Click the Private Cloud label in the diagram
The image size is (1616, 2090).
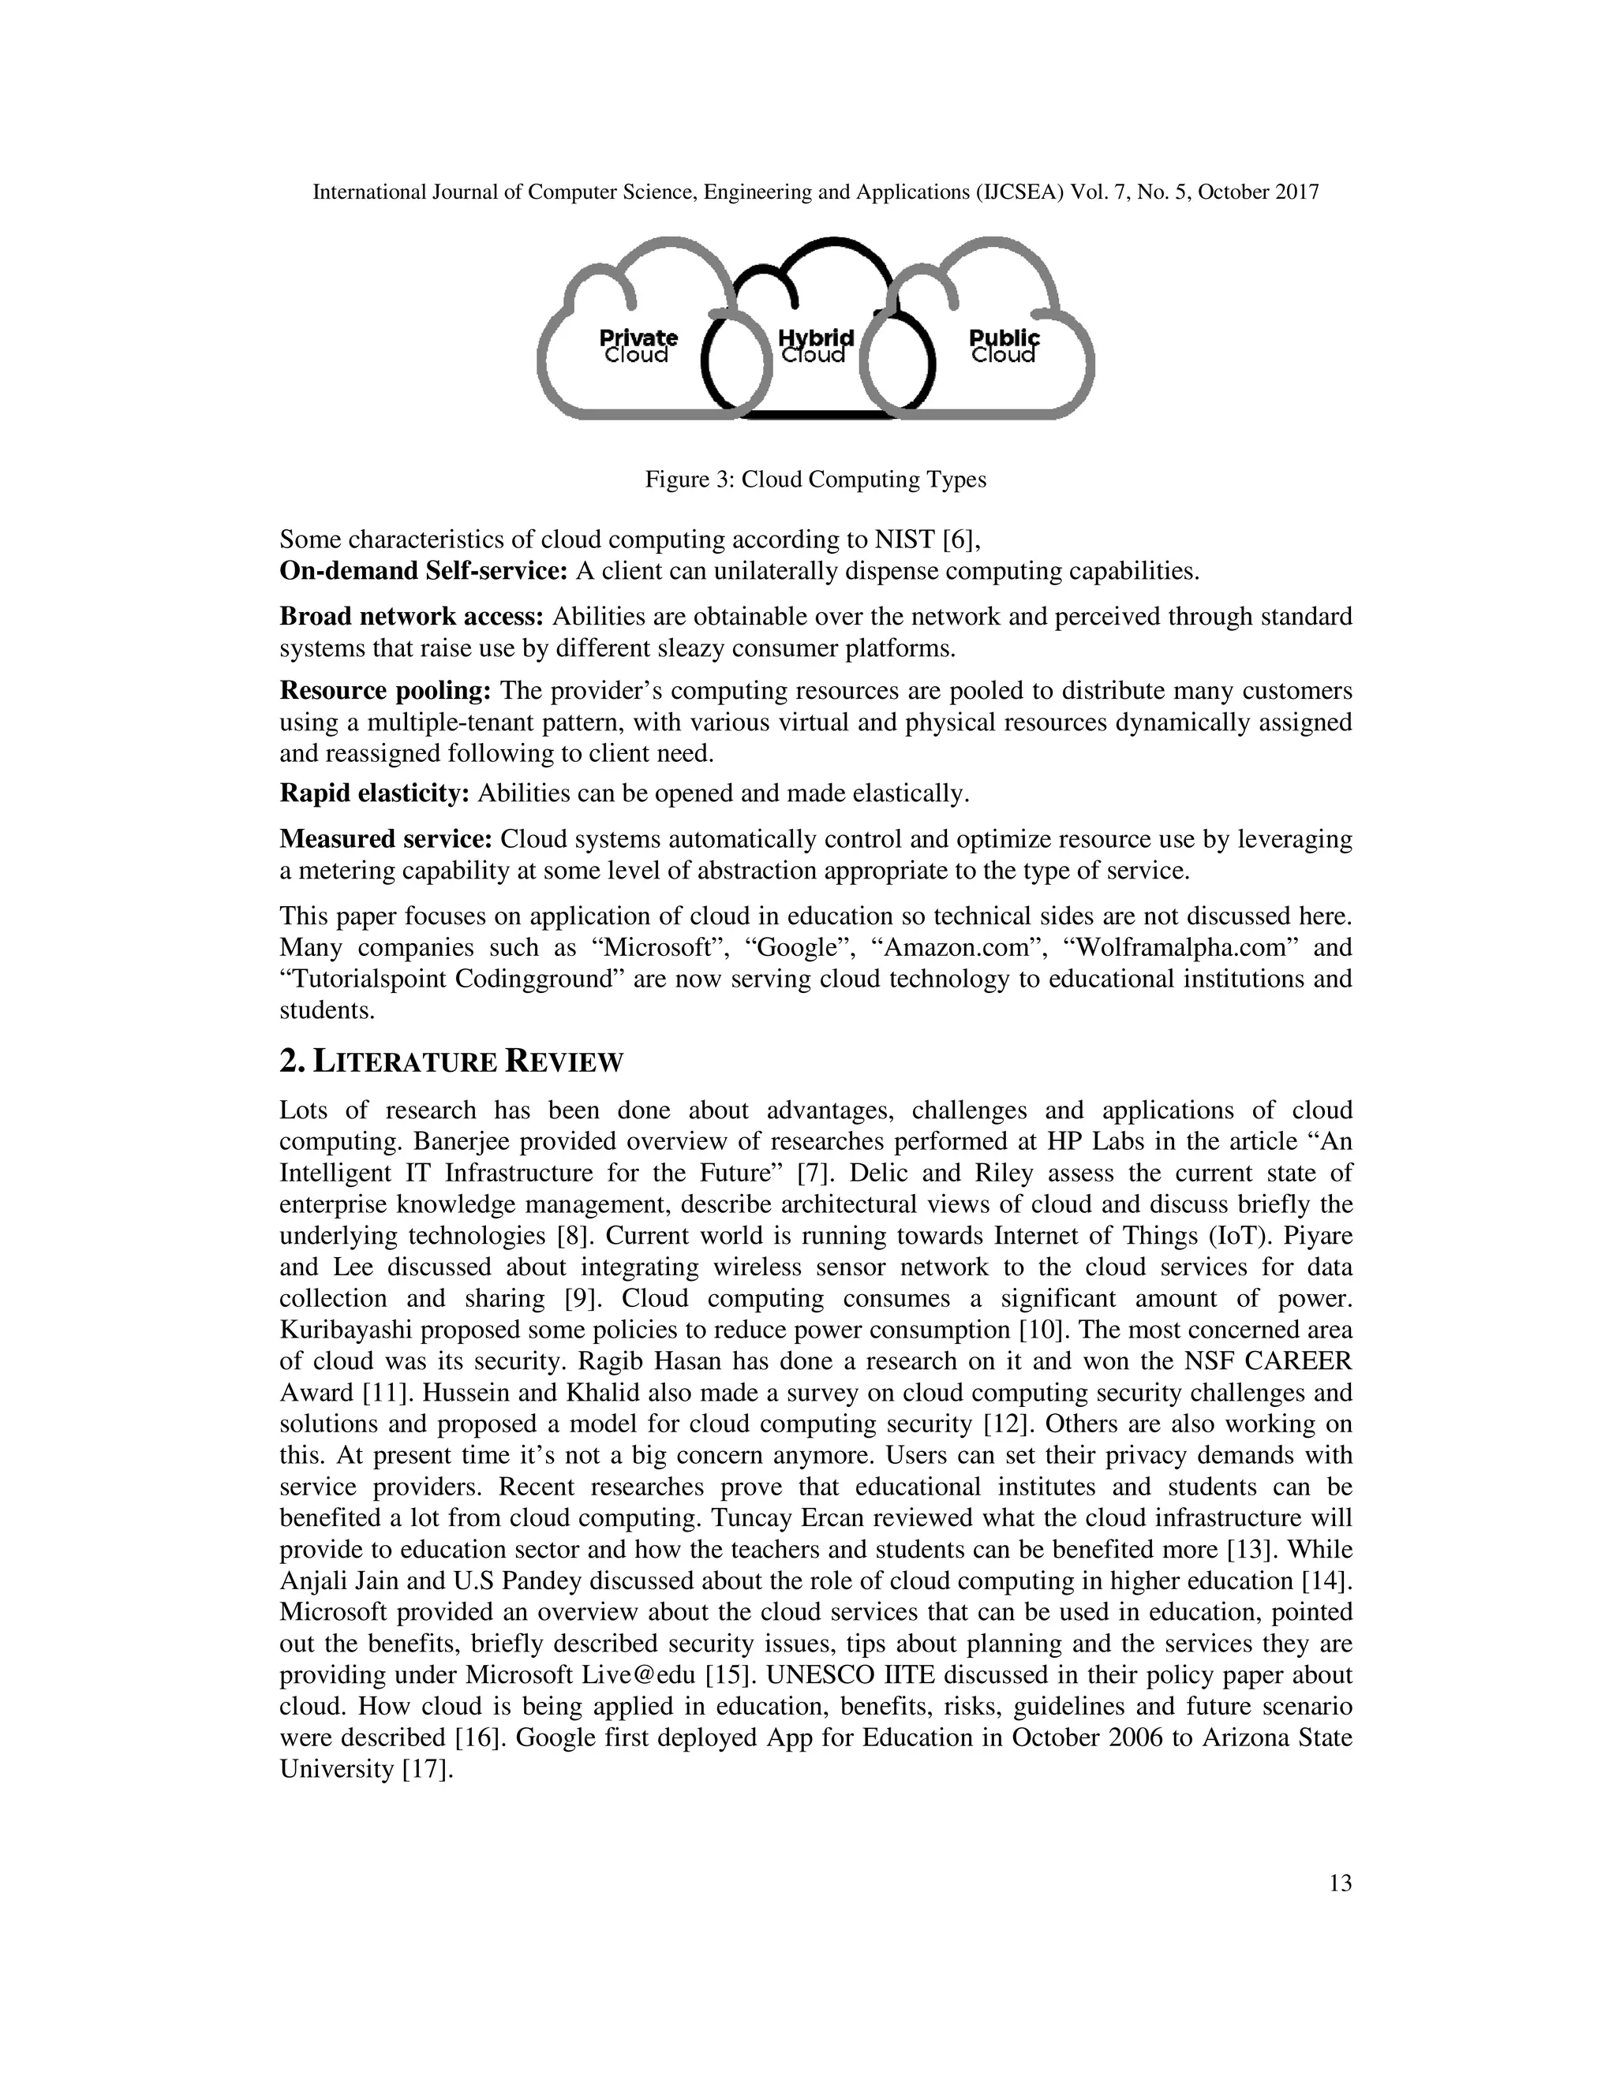click(638, 346)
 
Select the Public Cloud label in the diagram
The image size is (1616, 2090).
click(1004, 346)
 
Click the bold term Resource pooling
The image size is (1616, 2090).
click(385, 690)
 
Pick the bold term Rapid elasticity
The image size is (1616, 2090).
click(374, 793)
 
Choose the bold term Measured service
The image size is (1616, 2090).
click(386, 839)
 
